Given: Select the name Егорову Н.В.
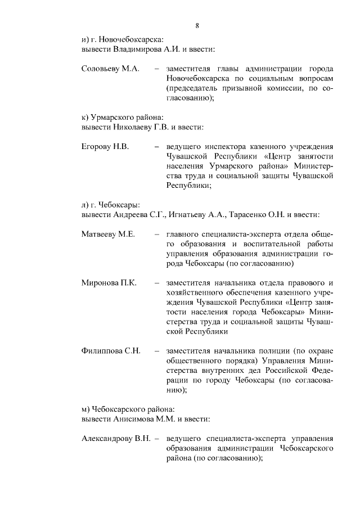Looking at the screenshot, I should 105,147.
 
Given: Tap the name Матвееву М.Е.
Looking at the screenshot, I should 107,234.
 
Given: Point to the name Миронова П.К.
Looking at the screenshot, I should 108,282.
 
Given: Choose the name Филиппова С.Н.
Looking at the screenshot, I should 110,350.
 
